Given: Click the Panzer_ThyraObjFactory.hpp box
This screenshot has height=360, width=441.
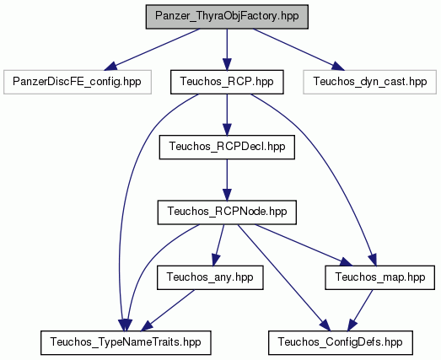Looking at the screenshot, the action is [x=227, y=17].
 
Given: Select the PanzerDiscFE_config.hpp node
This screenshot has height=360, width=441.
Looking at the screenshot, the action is [x=78, y=82].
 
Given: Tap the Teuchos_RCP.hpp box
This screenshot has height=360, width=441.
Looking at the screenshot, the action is [x=227, y=82].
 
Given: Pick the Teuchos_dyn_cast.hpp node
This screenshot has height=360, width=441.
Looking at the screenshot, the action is [x=370, y=82].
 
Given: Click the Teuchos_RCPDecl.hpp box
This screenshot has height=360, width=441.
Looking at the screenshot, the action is [x=227, y=147].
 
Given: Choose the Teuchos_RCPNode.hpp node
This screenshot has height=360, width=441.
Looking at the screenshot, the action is [x=227, y=212].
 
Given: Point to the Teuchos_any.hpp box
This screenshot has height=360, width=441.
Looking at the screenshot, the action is [x=210, y=277].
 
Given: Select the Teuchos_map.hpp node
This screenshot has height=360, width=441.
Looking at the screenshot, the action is [x=380, y=277].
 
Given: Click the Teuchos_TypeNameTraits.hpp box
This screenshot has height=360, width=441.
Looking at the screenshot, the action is [x=126, y=342].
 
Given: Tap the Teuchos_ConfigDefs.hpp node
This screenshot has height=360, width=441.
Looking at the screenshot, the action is [x=341, y=342].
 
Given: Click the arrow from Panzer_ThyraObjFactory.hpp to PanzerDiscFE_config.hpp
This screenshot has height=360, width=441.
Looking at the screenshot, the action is [x=152, y=50].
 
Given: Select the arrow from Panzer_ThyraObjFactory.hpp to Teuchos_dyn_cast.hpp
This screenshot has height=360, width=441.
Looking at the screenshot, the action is [x=298, y=50].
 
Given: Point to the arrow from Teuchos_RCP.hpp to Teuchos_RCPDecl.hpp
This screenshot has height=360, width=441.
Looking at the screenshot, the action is [x=227, y=115].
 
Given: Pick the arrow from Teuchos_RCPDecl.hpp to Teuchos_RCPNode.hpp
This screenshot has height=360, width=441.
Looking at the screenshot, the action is [x=227, y=180].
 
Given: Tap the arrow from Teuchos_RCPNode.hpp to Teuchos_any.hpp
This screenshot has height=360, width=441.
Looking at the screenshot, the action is [x=218, y=245].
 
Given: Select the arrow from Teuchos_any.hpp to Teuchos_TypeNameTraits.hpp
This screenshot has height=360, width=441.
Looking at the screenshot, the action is [x=168, y=310].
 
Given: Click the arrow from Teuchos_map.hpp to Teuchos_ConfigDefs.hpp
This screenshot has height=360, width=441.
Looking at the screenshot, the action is [x=360, y=310].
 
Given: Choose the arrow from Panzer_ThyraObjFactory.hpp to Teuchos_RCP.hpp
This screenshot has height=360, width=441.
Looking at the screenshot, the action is [x=227, y=50].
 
